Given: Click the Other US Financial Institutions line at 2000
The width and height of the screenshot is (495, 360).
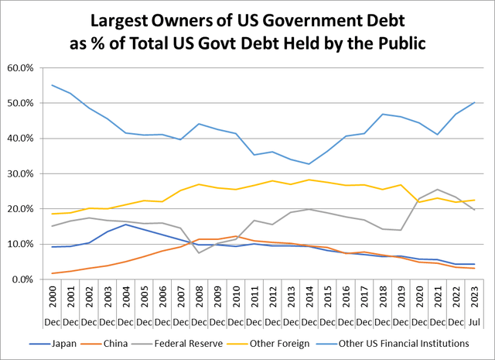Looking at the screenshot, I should point(52,85).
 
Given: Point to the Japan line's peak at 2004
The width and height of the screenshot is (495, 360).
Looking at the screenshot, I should point(126,225).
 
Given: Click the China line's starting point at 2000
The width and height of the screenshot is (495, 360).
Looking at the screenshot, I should point(52,273).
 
